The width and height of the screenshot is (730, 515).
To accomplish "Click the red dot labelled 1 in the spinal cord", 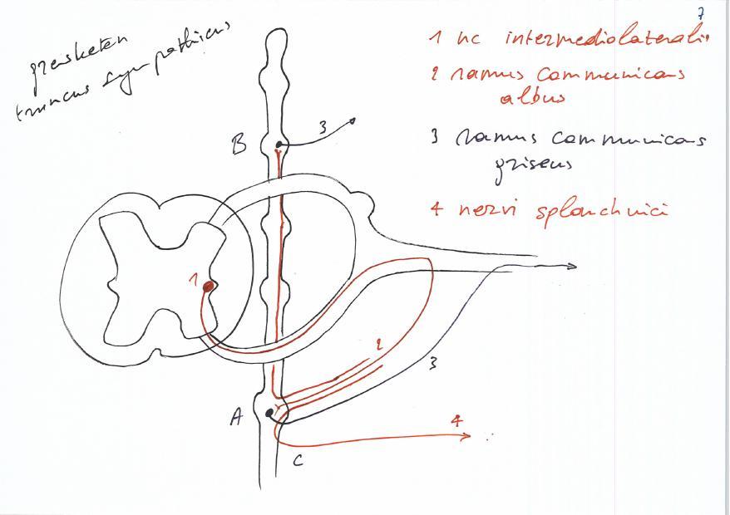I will pos(209,286).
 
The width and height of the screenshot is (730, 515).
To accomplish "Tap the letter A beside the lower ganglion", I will pos(237,419).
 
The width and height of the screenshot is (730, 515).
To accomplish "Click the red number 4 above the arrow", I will pos(456,421).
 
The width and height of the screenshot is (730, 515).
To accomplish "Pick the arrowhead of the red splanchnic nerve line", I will pos(468,436).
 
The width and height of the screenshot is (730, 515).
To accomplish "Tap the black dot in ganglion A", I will pos(269,413).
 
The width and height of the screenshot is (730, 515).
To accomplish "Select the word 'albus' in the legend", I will pos(532,97).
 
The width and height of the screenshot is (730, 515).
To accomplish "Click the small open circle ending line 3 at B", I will pos(353,121).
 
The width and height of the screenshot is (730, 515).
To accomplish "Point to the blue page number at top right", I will pos(700,12).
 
